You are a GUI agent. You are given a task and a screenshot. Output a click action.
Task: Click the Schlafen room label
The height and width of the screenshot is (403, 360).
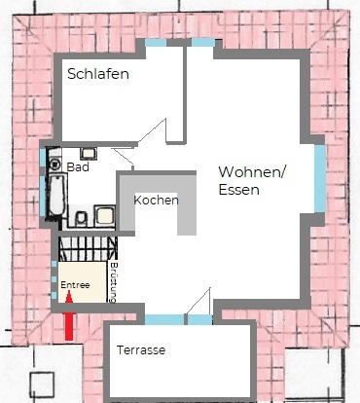pos(98,74)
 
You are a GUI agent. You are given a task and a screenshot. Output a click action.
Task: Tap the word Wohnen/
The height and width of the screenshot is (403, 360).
pos(252,172)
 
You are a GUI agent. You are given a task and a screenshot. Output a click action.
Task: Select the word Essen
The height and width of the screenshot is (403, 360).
pos(239,190)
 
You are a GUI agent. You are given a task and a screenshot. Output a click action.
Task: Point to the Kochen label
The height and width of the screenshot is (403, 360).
pos(156,201)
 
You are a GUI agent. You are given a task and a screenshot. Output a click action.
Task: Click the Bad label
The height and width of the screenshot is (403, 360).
pos(78,167)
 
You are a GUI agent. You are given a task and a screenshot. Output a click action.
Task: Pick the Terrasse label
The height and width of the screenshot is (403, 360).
pos(141,350)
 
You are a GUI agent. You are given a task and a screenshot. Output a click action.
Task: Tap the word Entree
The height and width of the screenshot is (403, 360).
pos(75,285)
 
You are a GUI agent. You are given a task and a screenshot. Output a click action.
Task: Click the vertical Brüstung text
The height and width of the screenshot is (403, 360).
pos(113,282)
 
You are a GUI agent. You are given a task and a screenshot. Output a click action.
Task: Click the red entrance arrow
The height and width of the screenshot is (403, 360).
pos(69,315)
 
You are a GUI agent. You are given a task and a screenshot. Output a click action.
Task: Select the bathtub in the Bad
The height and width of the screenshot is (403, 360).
pos(57,195)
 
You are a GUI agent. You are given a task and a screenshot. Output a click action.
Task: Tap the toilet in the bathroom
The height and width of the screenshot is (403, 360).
pos(82,219)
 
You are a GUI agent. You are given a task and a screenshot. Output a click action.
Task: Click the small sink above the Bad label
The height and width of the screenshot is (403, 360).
pos(89,154)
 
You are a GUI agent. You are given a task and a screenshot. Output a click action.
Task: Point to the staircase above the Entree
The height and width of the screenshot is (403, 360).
pos(88,249)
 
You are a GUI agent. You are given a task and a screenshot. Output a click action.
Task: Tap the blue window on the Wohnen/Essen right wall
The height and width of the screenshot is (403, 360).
pos(320,178)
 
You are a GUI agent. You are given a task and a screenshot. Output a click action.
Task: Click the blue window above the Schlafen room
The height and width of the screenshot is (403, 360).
pos(156,43)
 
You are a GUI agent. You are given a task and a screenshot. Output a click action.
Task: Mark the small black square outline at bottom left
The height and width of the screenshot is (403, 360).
pos(42,385)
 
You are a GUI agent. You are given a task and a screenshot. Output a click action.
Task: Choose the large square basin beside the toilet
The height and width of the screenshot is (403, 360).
pos(105,216)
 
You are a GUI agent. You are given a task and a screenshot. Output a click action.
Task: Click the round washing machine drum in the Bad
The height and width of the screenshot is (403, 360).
pos(54,165)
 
